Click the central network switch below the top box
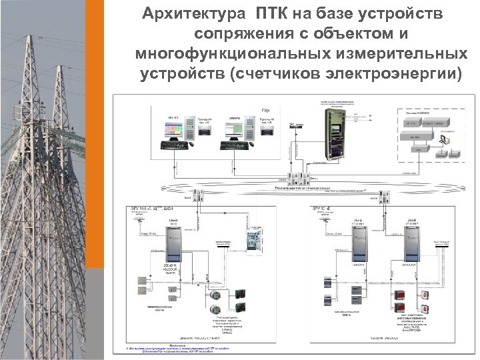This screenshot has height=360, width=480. coord(294,179)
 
